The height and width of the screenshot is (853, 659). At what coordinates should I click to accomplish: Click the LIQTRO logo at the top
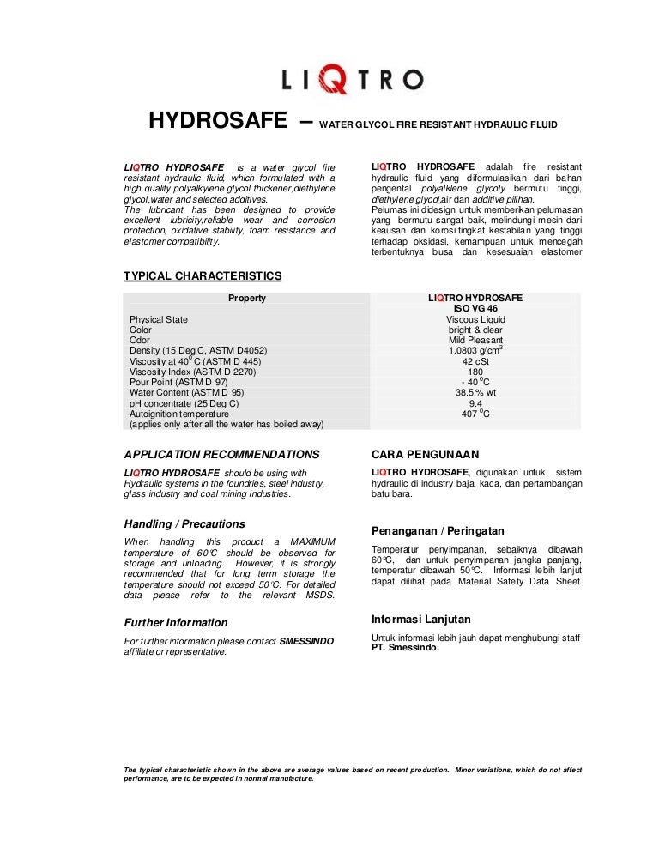point(353,81)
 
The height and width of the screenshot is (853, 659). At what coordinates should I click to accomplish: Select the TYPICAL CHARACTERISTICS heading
point(203,275)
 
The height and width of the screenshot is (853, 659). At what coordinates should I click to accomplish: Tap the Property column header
point(246,299)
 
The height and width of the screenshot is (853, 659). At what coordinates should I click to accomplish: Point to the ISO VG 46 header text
point(475,309)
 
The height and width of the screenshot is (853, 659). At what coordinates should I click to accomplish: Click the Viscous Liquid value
point(475,319)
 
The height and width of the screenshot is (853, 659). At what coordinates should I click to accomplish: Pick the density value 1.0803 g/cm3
point(475,350)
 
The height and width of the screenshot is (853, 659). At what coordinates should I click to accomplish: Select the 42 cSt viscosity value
point(475,361)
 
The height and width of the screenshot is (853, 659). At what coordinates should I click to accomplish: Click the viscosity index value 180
point(475,372)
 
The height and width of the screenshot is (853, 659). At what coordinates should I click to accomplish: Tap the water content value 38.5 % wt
point(475,392)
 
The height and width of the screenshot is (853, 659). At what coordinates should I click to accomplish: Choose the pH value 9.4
point(475,403)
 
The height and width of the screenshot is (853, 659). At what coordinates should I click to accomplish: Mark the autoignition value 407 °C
point(475,414)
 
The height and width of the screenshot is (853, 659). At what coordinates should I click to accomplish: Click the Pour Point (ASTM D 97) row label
point(178,382)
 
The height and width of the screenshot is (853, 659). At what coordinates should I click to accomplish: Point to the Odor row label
point(140,340)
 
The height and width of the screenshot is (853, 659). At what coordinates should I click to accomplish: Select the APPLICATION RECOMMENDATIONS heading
point(222,454)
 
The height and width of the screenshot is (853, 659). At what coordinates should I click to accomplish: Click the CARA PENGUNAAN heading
point(425,454)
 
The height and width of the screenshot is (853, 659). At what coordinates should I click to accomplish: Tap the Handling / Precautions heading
point(184,523)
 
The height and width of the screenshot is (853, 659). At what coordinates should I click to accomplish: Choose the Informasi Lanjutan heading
point(420,619)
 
